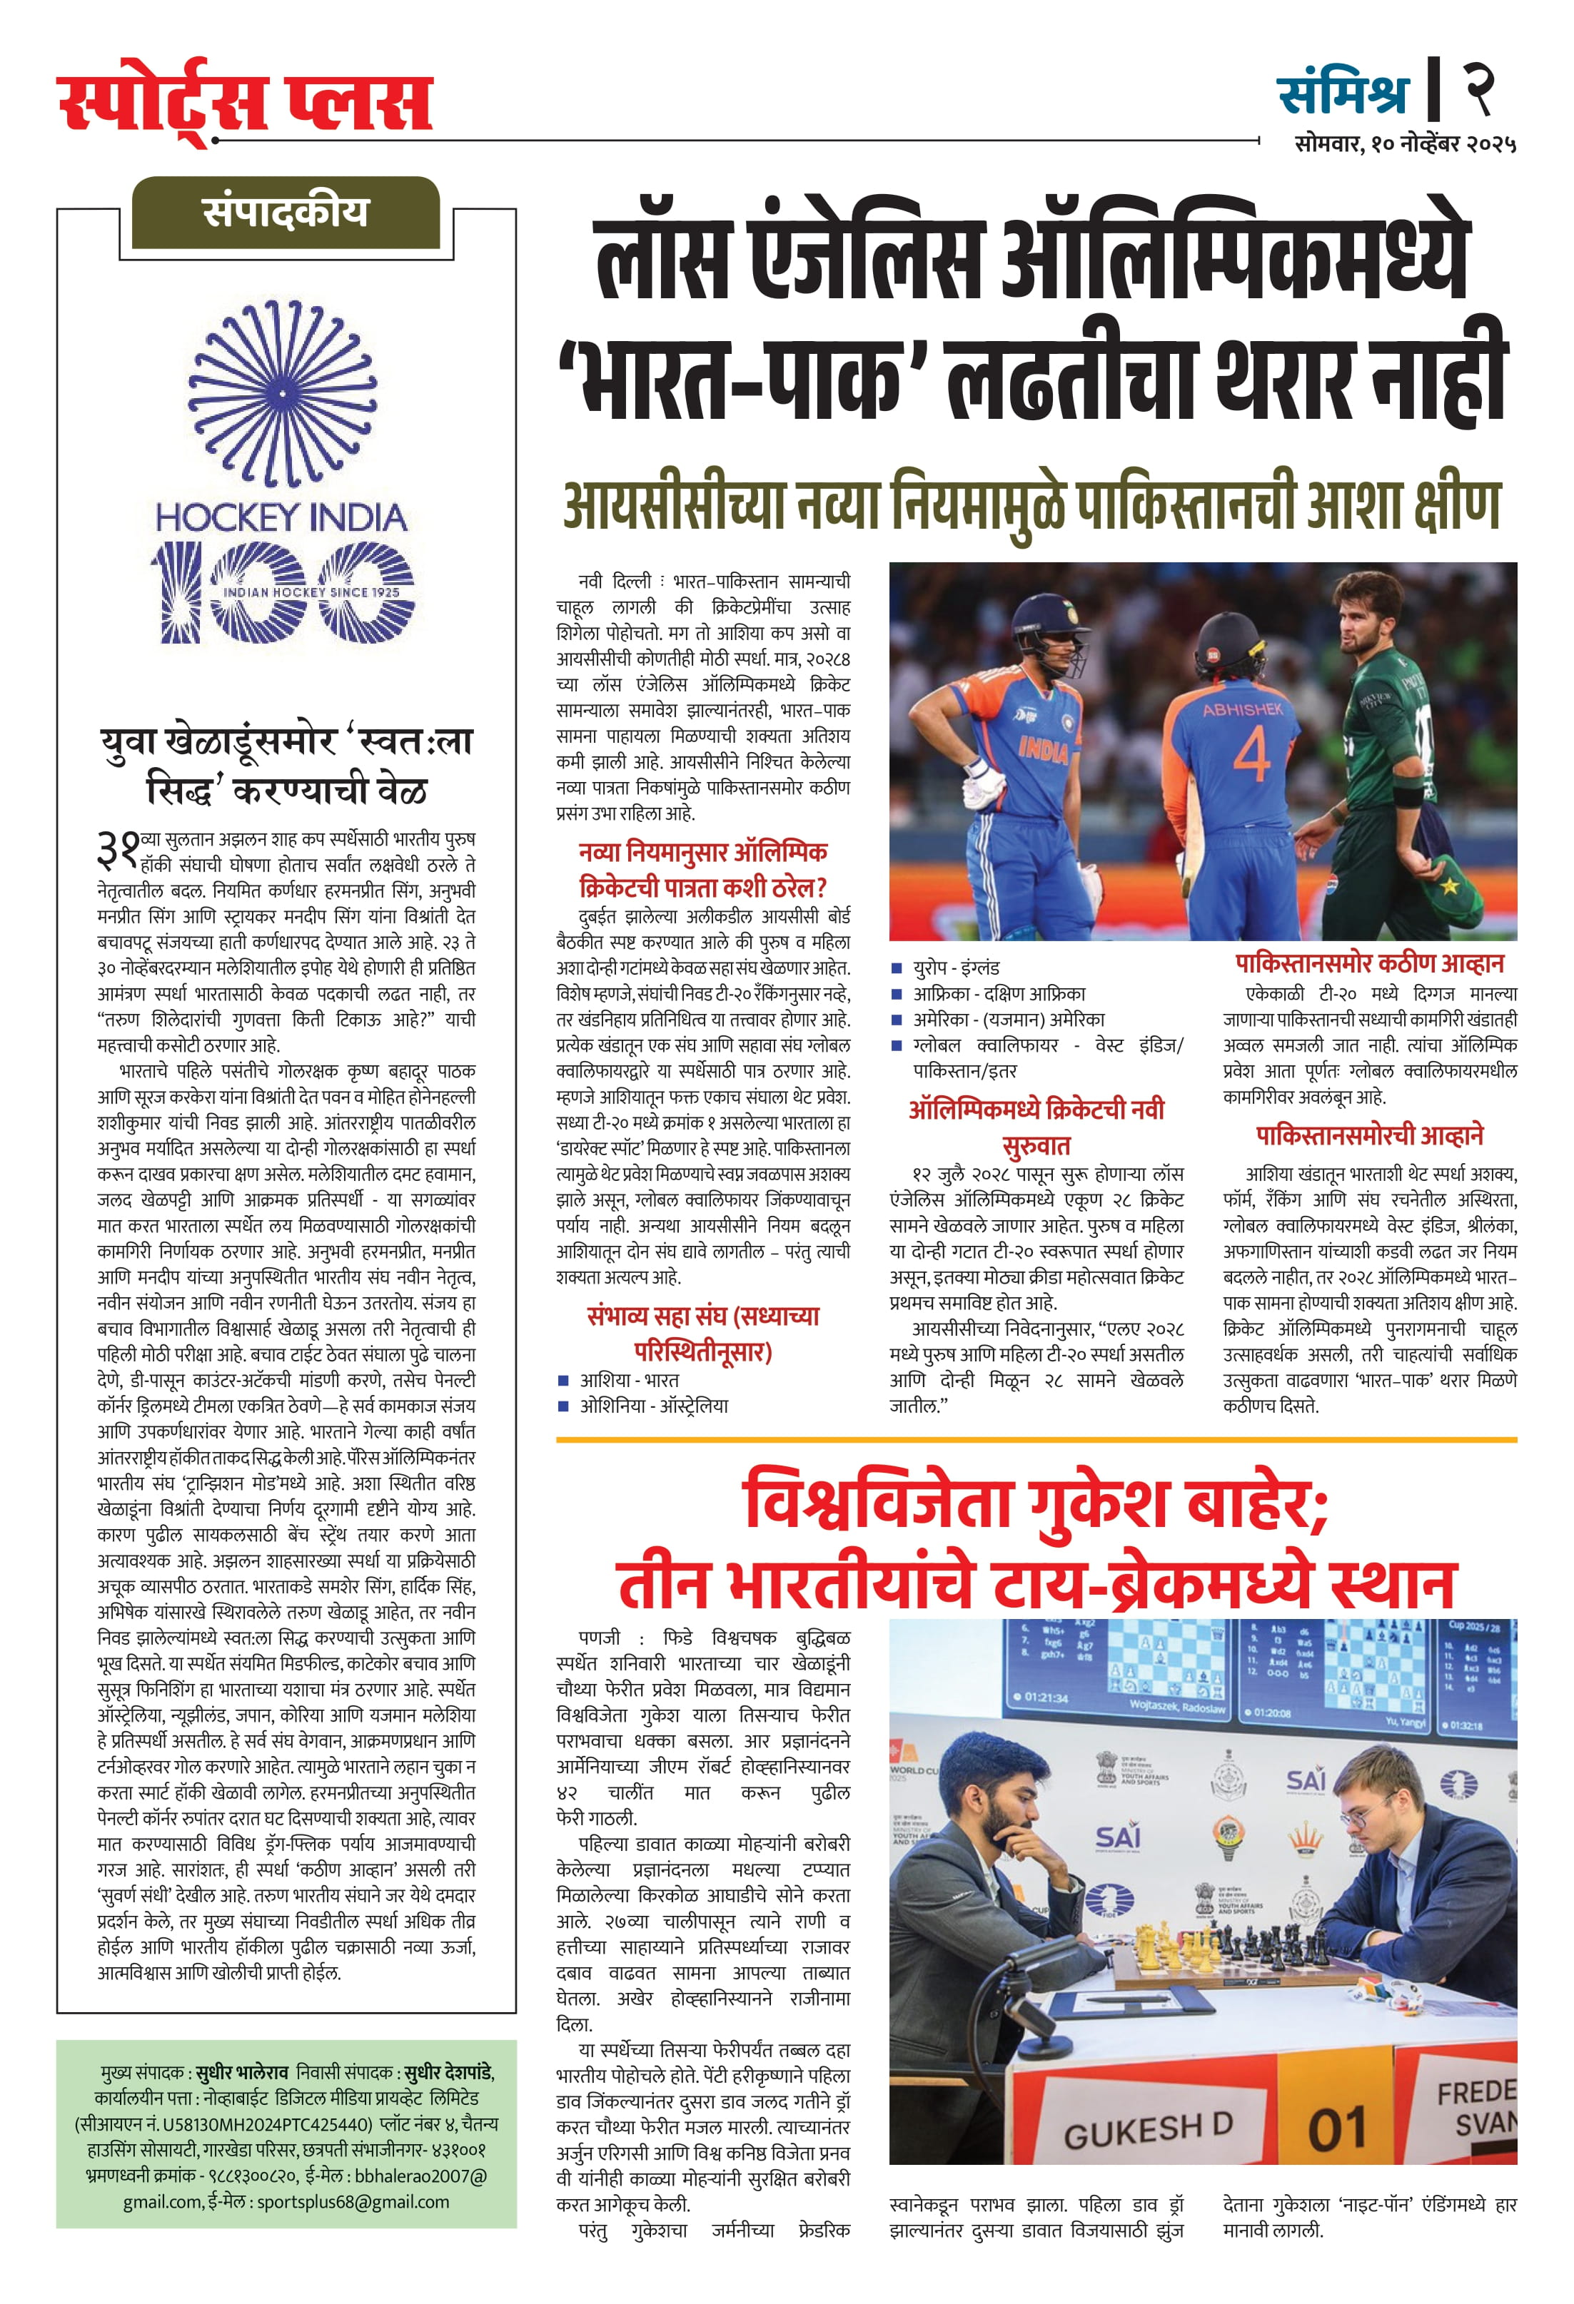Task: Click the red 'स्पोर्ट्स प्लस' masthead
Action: (245, 101)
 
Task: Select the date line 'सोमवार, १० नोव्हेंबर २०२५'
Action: (1404, 143)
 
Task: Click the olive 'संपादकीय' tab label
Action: (286, 212)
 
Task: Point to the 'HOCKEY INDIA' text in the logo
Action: (282, 517)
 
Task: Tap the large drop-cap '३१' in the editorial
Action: (119, 848)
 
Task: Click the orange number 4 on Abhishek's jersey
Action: (1251, 756)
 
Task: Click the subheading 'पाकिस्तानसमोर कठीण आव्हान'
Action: (1368, 964)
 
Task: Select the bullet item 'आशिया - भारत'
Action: (629, 1380)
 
